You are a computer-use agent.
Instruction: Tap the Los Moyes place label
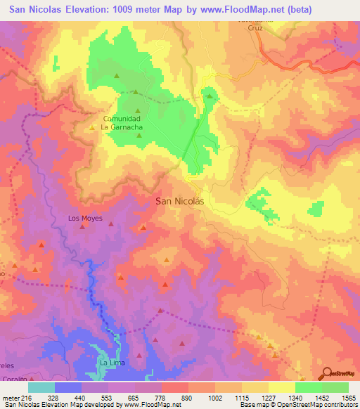tap(85, 219)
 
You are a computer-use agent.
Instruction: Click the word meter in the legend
tap(8, 398)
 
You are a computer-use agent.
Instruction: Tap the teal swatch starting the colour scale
tap(41, 387)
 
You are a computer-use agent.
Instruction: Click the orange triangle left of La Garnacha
tap(92, 128)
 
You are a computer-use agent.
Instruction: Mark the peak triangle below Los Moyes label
tap(82, 227)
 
